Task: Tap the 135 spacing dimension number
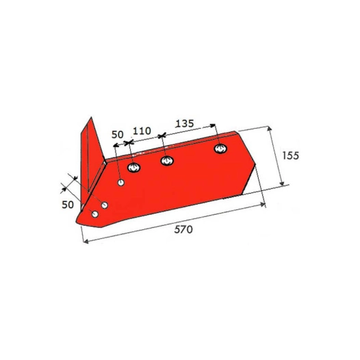184,125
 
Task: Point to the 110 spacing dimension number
142,130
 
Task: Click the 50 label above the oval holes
117,135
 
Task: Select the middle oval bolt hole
166,161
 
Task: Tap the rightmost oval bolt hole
220,149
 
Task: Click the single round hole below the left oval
120,183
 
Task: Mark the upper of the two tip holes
104,205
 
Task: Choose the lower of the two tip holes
95,214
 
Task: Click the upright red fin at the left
89,154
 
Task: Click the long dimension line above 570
171,222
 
